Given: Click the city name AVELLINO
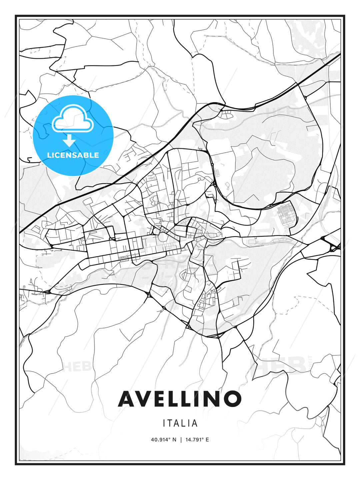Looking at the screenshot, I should (180, 399).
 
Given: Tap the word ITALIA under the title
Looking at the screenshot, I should (180, 423).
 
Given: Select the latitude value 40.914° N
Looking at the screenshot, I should (163, 440).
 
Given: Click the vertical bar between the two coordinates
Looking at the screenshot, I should (180, 440).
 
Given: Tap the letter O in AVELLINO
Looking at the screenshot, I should (232, 399).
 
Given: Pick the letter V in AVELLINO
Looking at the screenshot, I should (144, 399).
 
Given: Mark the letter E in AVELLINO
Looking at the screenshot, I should (161, 399).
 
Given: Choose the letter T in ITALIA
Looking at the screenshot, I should (170, 423).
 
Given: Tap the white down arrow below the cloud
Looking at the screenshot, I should (69, 140).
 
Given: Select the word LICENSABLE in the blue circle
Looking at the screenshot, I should (73, 155).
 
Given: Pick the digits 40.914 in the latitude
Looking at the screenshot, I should (159, 440).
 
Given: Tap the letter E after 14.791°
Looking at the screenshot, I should (207, 440).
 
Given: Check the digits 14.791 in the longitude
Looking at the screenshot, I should (193, 440).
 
